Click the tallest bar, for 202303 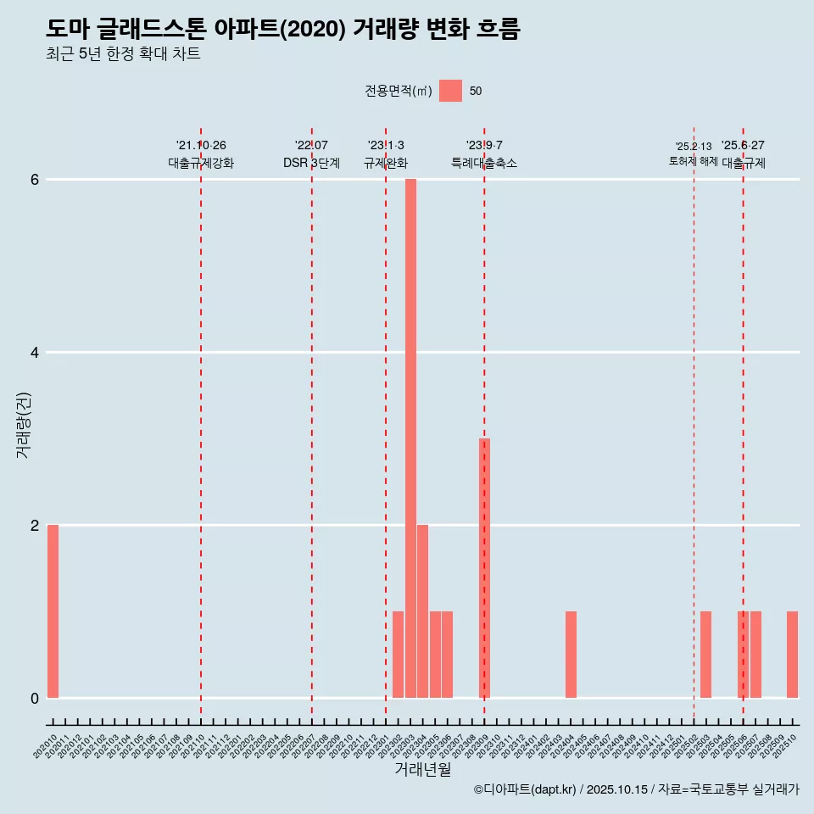click(x=410, y=438)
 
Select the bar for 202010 click(x=53, y=611)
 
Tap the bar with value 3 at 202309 click(x=484, y=568)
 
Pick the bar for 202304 click(x=422, y=611)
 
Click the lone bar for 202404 click(x=571, y=655)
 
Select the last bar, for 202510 click(x=792, y=655)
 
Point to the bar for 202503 click(x=705, y=655)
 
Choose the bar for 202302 click(x=398, y=655)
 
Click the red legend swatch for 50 click(x=450, y=91)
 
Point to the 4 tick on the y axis click(x=35, y=352)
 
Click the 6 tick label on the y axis click(x=35, y=180)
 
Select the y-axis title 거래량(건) click(x=24, y=425)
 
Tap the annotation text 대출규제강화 click(x=201, y=163)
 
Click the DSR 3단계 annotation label click(x=311, y=163)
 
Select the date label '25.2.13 click(x=693, y=147)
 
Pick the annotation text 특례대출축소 click(x=484, y=163)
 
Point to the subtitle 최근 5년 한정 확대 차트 click(x=123, y=54)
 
